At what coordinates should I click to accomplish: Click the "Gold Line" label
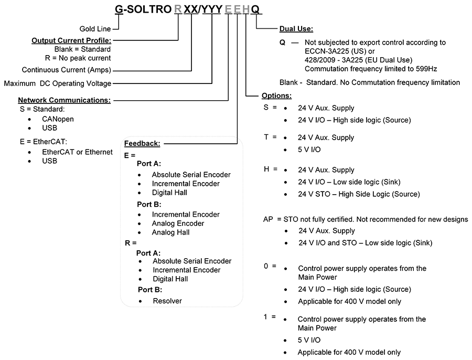95,29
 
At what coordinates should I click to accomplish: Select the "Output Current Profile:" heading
71,40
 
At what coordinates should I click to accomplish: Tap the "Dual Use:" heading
296,29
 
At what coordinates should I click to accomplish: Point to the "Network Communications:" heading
64,100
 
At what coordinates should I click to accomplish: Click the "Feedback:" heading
142,143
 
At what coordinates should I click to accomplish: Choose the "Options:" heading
276,96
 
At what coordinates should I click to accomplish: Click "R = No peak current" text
78,58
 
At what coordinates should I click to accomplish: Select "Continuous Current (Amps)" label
67,70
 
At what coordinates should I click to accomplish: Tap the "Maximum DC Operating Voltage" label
58,83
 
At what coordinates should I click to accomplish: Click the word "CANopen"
58,119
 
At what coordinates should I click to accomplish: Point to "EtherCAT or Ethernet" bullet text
78,152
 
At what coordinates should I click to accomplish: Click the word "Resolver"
167,301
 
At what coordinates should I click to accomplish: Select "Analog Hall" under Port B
170,232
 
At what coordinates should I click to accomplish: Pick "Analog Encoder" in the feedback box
178,223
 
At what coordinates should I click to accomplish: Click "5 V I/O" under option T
309,150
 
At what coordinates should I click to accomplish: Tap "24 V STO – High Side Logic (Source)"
359,194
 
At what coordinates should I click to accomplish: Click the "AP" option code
268,219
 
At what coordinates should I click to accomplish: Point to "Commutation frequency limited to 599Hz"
371,69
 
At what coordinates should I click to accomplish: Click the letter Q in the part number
255,9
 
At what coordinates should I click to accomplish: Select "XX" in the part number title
191,9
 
